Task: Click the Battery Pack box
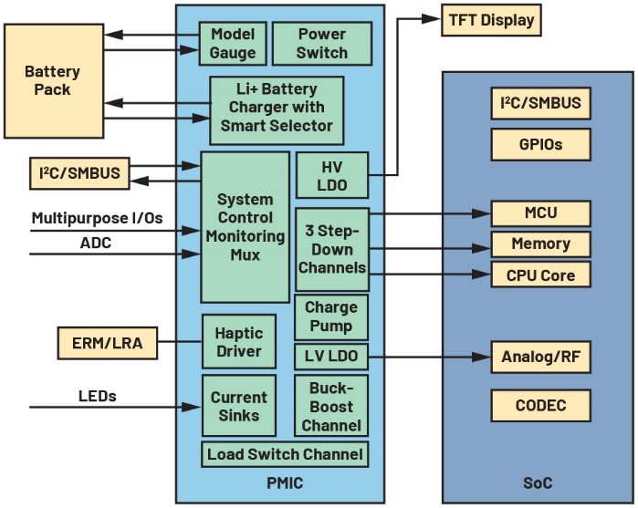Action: point(53,81)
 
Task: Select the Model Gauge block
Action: point(233,43)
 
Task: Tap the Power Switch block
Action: point(321,43)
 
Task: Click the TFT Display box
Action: point(491,20)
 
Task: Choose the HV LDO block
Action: point(331,175)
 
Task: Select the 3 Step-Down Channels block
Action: point(331,249)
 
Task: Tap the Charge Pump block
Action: point(331,317)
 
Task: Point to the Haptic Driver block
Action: point(238,341)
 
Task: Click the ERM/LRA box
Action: point(107,344)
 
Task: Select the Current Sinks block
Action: point(238,406)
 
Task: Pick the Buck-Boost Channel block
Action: point(331,406)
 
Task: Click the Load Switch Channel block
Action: point(285,454)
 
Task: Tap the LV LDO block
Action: point(331,355)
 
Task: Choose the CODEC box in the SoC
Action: point(540,405)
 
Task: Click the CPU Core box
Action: point(540,274)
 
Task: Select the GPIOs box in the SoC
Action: point(540,143)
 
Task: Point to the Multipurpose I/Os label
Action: point(96,218)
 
